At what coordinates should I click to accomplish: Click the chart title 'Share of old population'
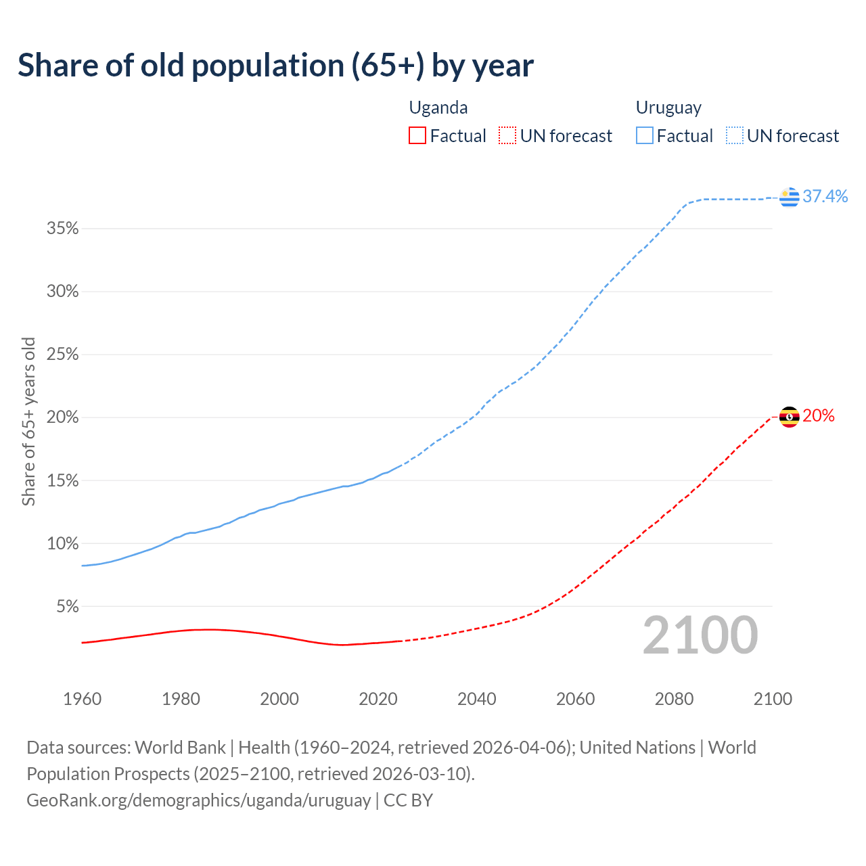(275, 66)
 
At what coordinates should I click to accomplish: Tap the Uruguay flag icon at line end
(789, 197)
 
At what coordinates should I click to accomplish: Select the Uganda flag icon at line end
(789, 417)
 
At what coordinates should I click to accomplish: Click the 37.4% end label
(825, 196)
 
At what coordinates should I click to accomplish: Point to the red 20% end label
(818, 416)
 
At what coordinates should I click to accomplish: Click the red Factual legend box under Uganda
(417, 136)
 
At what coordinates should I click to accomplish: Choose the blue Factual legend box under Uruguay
(644, 136)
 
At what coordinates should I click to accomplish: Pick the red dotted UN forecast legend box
(507, 136)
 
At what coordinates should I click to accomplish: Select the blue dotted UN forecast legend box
(734, 136)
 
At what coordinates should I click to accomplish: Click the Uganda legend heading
(438, 108)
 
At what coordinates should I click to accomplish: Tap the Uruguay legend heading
(668, 108)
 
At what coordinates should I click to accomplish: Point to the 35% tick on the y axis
(63, 229)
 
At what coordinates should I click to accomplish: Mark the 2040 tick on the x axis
(477, 699)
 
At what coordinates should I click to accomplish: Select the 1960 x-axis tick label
(82, 699)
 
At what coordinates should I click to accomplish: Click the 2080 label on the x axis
(674, 699)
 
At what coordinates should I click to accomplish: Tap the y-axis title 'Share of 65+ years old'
(28, 421)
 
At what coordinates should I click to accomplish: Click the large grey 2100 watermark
(700, 635)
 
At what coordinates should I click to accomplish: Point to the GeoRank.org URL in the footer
(199, 800)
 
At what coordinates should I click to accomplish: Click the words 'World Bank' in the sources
(180, 748)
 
